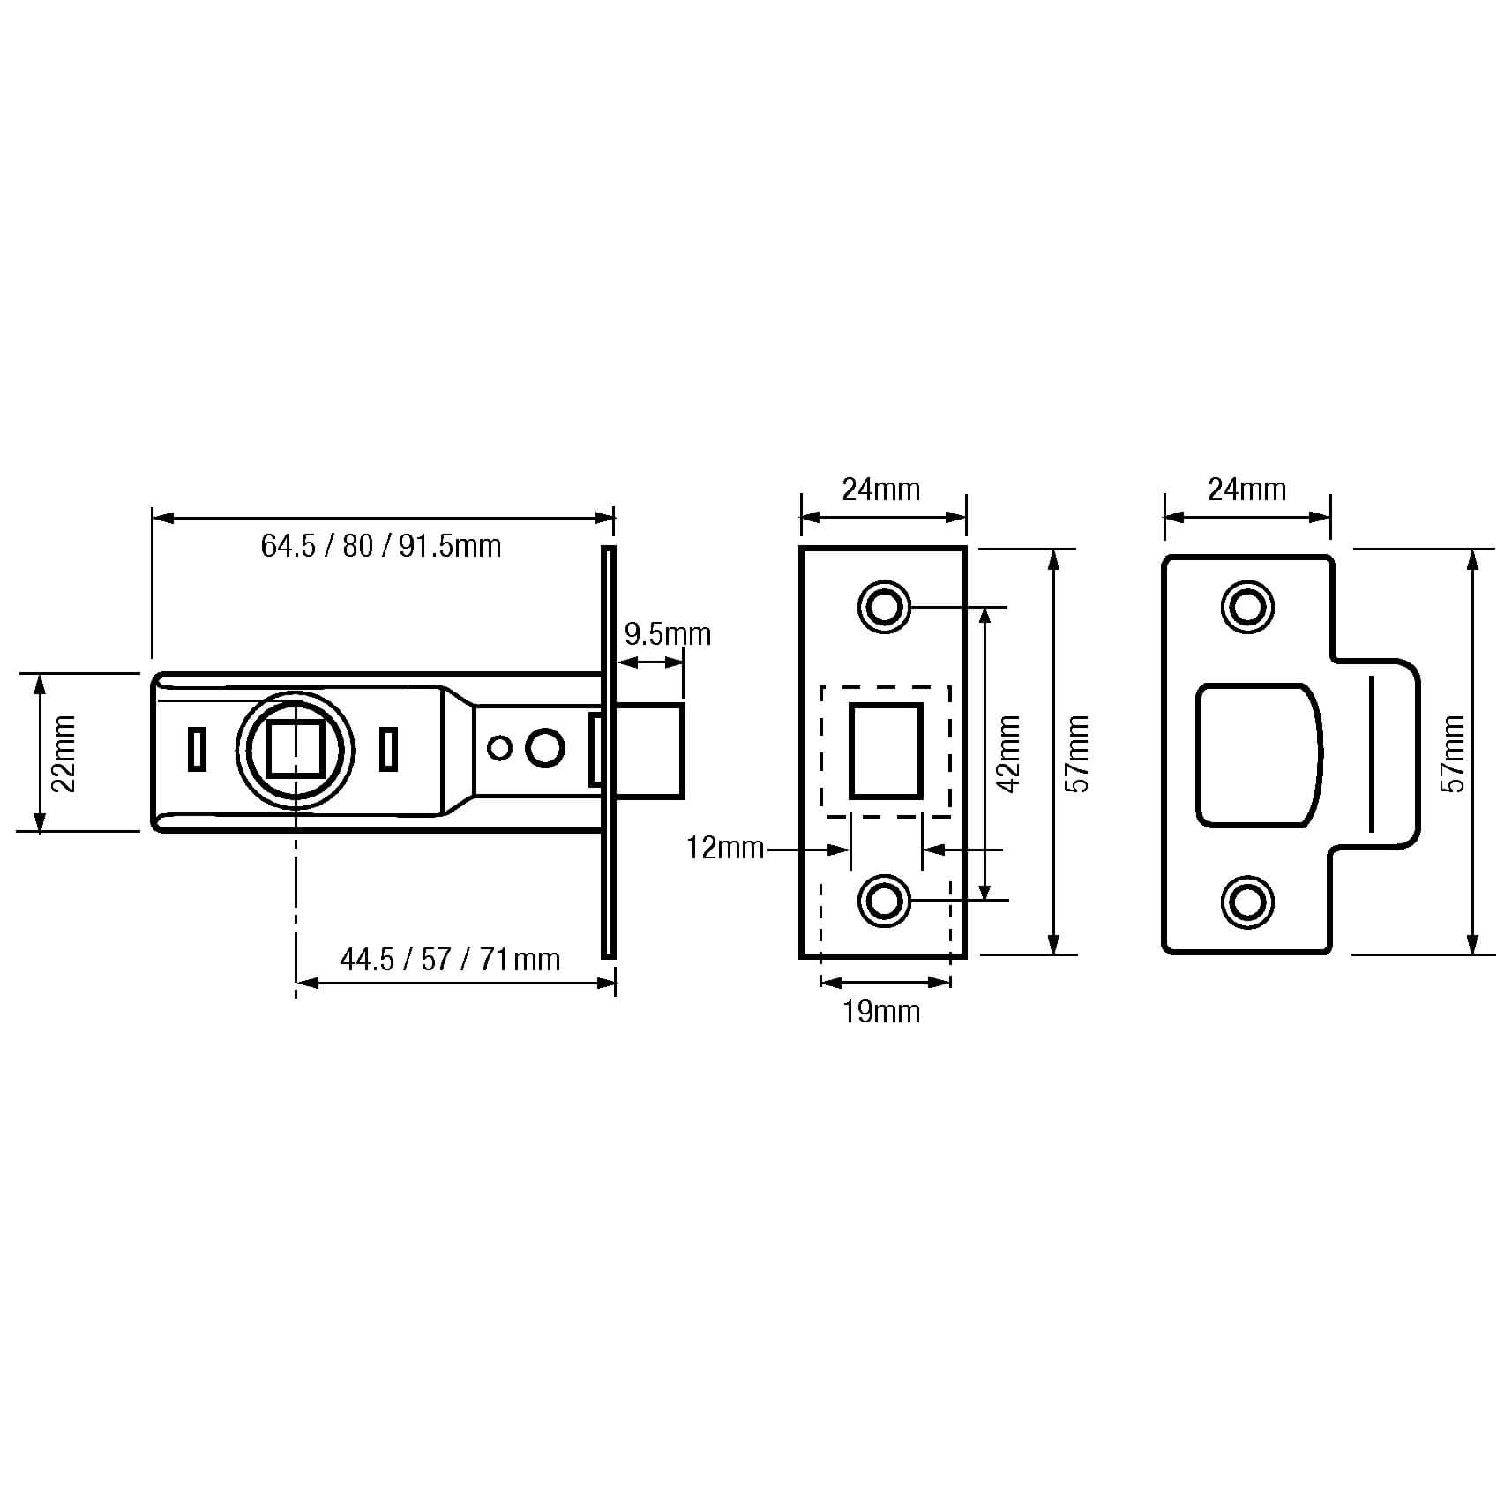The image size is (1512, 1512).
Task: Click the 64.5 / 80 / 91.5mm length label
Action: point(380,547)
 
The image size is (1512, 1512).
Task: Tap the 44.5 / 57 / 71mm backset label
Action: point(450,960)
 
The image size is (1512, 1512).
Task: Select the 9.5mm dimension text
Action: point(667,635)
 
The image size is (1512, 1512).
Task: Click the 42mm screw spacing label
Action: point(1008,754)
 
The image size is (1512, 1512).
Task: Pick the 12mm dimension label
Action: point(724,849)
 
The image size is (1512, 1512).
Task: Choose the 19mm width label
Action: point(880,1012)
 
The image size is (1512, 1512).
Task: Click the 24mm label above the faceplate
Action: point(880,490)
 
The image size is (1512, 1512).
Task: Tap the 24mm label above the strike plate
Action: point(1246,490)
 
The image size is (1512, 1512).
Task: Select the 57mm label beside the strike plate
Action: point(1454,754)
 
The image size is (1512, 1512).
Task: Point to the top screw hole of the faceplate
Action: point(884,607)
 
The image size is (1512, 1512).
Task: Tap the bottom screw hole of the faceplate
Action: point(884,901)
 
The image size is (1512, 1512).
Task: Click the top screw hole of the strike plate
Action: point(1247,607)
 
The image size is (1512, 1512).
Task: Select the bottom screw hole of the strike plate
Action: point(1247,902)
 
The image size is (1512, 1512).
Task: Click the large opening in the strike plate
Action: point(1258,755)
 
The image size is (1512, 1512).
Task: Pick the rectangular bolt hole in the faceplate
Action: point(886,751)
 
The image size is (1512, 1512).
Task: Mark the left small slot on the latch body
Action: point(198,749)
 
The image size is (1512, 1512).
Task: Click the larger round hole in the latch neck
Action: point(544,748)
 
